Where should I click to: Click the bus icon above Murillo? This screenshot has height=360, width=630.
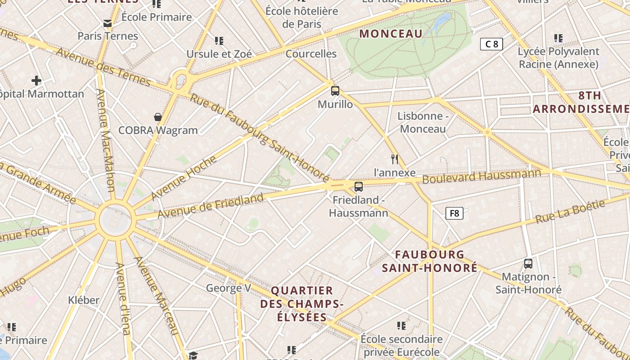[x=335, y=90]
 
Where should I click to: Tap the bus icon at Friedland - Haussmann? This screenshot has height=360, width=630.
[x=359, y=186]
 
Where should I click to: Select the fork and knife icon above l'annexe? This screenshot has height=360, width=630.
[x=395, y=159]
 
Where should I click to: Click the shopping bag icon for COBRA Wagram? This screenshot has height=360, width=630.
[x=158, y=117]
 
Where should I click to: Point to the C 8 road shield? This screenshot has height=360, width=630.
[x=491, y=44]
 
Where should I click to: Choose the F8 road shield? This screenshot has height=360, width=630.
[x=454, y=213]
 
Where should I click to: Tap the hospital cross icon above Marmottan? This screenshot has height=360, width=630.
[x=36, y=81]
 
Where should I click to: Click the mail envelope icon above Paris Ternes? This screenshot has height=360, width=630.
[x=108, y=23]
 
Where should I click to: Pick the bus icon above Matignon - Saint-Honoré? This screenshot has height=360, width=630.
[x=528, y=264]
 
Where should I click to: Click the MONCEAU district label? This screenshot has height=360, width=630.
[x=391, y=34]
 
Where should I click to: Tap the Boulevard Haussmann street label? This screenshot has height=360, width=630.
[x=481, y=176]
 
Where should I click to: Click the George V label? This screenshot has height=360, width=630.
[x=228, y=288]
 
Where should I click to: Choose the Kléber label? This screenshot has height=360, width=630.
[x=84, y=300]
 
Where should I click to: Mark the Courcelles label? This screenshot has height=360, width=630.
[x=311, y=54]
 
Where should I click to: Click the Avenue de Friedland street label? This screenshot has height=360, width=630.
[x=211, y=206]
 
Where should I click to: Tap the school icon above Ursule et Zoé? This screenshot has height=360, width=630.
[x=219, y=41]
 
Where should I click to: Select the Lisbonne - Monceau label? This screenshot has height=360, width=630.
[x=423, y=122]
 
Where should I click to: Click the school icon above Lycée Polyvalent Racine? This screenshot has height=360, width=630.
[x=558, y=38]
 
